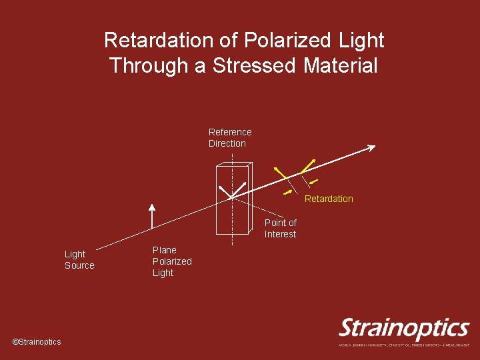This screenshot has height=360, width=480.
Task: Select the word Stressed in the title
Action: pos(256,66)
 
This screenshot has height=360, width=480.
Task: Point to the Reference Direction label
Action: pos(229,138)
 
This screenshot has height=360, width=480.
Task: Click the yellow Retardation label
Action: pos(329,199)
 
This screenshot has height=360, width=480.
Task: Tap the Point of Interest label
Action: pos(280,228)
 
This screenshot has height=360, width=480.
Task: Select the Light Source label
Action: pos(79,259)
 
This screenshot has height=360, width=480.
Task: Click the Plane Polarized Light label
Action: pos(171,261)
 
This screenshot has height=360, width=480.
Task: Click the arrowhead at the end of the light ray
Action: pos(371,147)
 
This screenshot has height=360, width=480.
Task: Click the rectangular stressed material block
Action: pos(232,199)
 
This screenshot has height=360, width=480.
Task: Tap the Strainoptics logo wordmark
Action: pos(404,329)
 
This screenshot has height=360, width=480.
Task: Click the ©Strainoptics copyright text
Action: pos(37,342)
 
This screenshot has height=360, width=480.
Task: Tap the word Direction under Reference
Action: pos(227,143)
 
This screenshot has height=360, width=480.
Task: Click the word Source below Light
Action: pos(79,265)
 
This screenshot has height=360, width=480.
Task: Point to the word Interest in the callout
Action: pos(280,234)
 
